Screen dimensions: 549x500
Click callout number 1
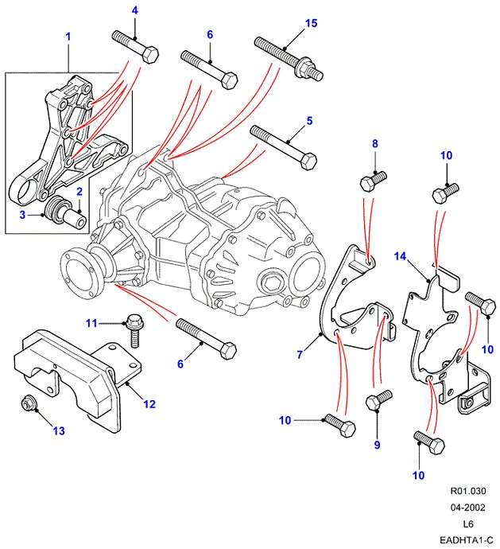point(68,37)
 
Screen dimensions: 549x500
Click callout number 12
point(149,404)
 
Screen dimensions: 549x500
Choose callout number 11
point(91,322)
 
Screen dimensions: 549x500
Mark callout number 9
point(378,445)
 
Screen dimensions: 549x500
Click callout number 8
point(376,143)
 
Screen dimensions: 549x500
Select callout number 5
point(310,121)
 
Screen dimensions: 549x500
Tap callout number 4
point(134,10)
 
